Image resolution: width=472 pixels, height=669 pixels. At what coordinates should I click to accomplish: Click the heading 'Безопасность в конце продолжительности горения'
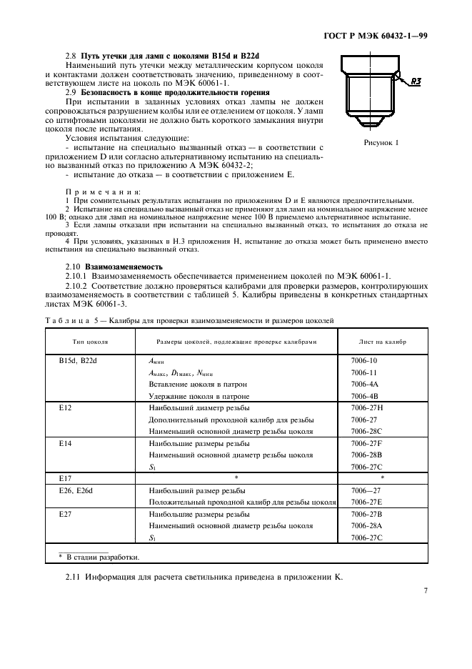(x=174, y=93)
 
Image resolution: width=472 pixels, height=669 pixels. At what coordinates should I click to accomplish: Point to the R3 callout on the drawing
(x=415, y=81)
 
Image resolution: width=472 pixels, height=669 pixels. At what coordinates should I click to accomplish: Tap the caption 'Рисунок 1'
(x=381, y=142)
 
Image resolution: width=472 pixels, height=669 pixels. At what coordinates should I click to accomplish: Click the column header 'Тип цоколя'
(x=90, y=342)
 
